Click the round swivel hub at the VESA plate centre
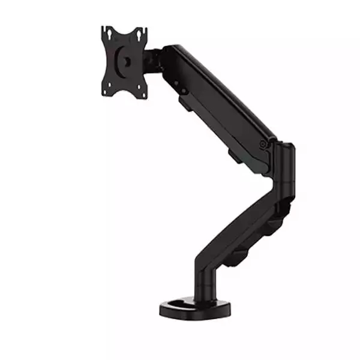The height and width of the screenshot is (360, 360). point(127,61)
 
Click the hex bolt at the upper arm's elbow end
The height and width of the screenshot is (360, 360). point(263,143)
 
